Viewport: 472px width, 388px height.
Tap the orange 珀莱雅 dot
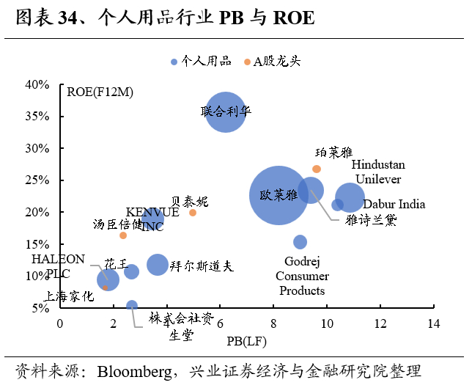[x=317, y=169]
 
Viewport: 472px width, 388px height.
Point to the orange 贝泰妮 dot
[x=193, y=213]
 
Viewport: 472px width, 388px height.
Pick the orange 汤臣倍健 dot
[x=123, y=235]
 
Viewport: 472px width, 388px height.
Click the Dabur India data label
[x=394, y=205]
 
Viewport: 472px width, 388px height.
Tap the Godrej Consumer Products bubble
[x=300, y=242]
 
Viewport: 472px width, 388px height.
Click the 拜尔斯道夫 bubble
[x=158, y=264]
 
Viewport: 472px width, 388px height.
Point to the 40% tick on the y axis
[x=37, y=84]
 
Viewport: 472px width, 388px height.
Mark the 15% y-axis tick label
[x=37, y=244]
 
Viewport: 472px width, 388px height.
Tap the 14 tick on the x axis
[x=434, y=323]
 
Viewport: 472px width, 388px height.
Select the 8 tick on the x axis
[x=273, y=323]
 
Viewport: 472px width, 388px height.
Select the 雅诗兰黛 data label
[x=372, y=219]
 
